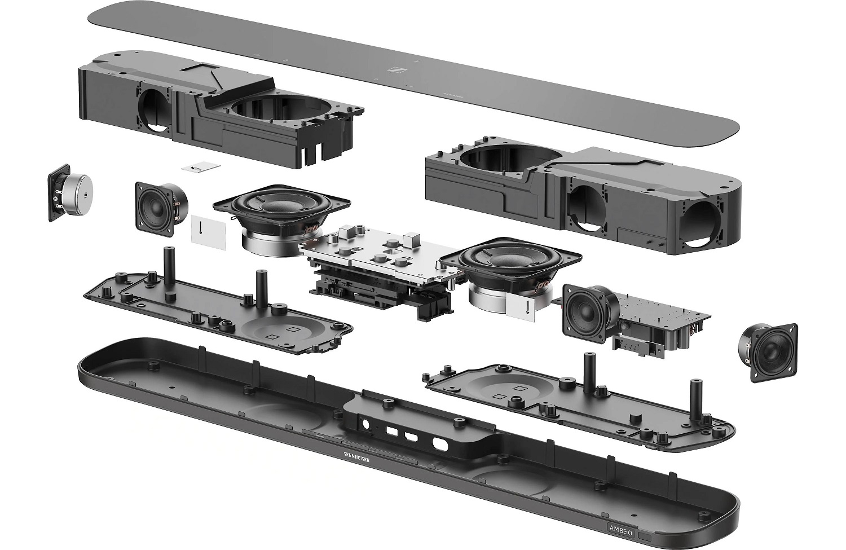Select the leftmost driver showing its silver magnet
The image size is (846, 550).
coord(70,192)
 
